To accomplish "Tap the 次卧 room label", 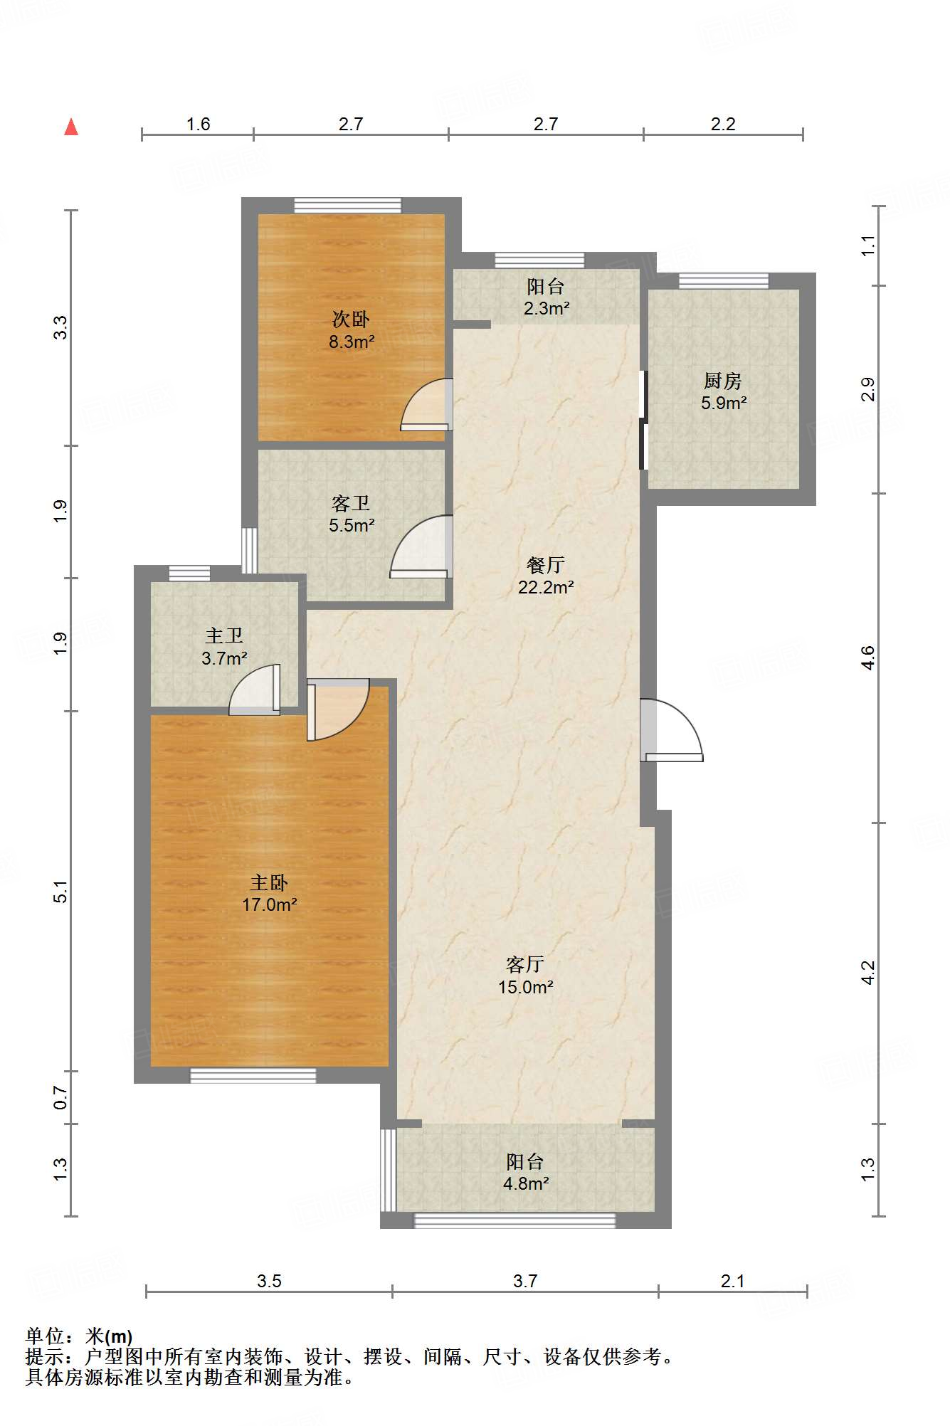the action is tap(351, 319).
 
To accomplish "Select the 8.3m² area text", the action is tap(352, 342).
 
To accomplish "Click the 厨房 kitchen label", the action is tap(723, 381).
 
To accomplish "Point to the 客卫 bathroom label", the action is tap(351, 504).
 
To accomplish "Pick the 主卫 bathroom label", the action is tap(224, 636).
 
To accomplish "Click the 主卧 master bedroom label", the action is tap(269, 883).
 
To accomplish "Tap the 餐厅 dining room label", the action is tap(546, 565).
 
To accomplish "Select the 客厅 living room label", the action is tap(525, 965).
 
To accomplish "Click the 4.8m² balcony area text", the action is tap(526, 1183).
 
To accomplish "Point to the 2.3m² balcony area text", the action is tap(547, 308).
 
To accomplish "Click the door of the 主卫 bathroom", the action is tap(255, 690).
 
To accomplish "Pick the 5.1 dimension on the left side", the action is tap(61, 891).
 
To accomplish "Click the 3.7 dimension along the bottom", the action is tap(525, 1281).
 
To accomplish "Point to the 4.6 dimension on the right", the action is tap(867, 657).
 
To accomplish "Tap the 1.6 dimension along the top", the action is tap(199, 124).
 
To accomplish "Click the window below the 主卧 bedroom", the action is tap(253, 1075).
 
